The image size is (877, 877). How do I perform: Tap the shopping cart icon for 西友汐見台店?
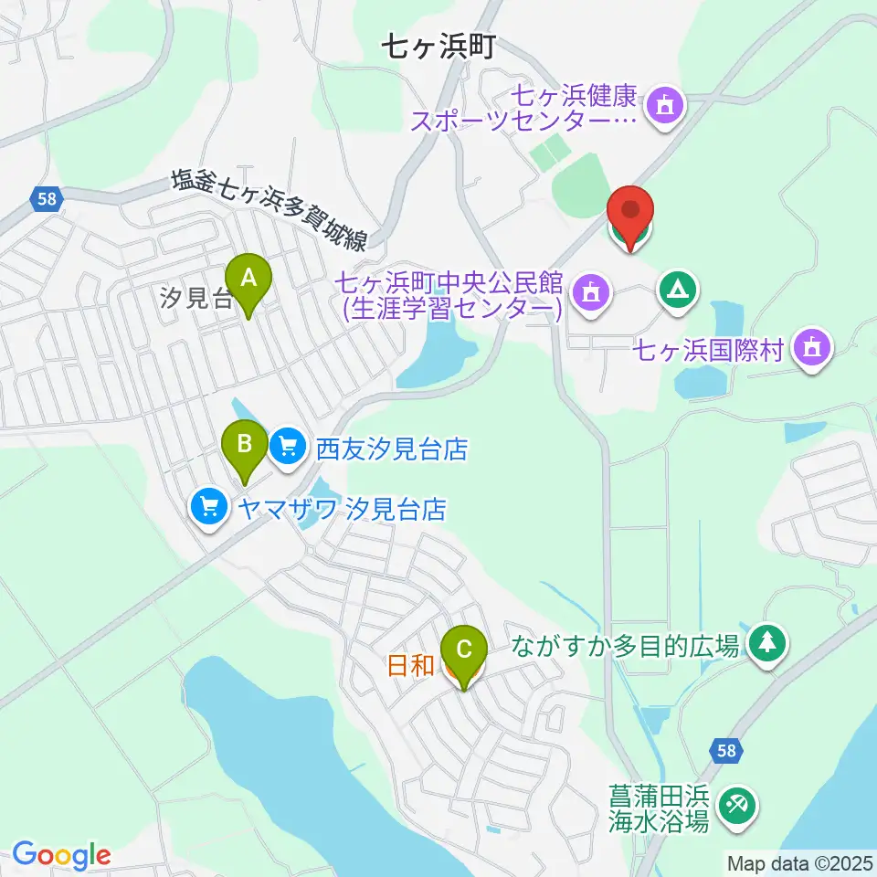pyautogui.click(x=289, y=447)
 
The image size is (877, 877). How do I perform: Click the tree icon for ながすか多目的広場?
pyautogui.click(x=767, y=643)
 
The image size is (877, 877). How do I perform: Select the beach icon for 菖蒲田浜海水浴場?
pyautogui.click(x=736, y=805)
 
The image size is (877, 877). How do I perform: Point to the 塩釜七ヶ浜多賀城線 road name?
pyautogui.click(x=270, y=212)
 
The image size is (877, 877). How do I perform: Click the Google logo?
pyautogui.click(x=61, y=855)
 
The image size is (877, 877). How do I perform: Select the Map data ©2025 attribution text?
pyautogui.click(x=799, y=862)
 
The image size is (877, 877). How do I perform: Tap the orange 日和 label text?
pyautogui.click(x=410, y=666)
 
